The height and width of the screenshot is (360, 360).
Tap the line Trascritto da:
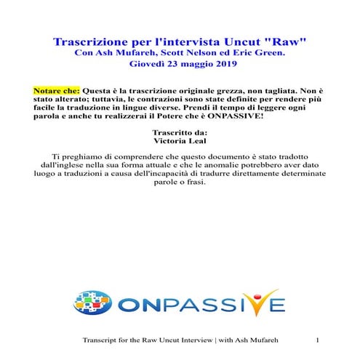(x=179, y=133)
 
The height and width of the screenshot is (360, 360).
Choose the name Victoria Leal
(x=180, y=143)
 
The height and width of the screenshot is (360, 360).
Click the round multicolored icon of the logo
(x=94, y=301)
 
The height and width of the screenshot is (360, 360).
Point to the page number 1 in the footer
(x=319, y=340)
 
